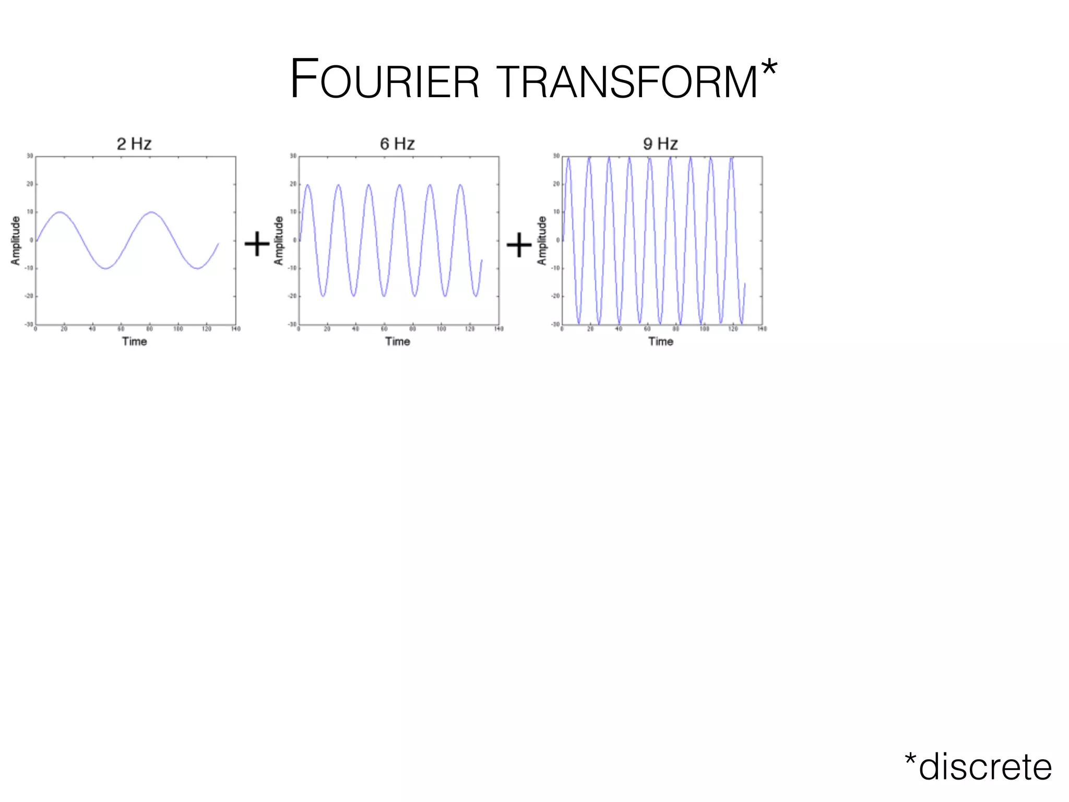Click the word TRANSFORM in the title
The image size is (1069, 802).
629,81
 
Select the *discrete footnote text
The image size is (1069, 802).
978,767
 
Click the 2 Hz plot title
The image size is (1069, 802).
134,144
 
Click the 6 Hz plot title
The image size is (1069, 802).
397,144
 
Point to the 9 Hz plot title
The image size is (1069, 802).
660,144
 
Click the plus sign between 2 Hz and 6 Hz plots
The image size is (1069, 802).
257,244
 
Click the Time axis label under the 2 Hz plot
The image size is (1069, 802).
134,341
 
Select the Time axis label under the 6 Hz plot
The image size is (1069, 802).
398,341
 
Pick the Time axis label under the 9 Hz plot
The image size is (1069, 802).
661,341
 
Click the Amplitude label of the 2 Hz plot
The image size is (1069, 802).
16,241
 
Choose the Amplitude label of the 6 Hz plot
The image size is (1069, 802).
279,241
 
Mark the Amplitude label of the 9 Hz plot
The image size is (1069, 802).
542,241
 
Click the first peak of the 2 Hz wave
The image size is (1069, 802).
60,212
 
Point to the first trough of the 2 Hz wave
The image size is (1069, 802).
106,268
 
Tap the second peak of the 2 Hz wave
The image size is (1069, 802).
151,212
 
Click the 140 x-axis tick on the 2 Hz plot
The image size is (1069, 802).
236,329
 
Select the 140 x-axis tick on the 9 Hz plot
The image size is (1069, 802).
763,329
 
